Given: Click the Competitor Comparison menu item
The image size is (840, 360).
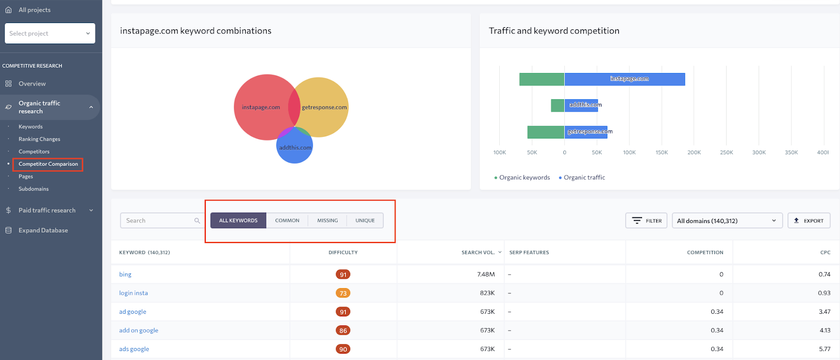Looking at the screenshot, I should click(x=48, y=164).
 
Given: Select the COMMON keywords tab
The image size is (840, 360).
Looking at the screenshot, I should click(x=287, y=220).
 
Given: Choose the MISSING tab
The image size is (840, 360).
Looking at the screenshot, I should click(x=327, y=220).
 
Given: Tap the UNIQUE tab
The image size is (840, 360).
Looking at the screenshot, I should click(x=365, y=220).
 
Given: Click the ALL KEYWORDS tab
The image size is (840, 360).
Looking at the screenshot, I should click(x=238, y=220).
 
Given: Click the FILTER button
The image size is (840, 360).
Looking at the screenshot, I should click(x=646, y=220).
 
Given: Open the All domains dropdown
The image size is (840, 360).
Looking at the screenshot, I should click(x=727, y=220).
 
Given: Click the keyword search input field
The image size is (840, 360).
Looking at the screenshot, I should click(x=157, y=220).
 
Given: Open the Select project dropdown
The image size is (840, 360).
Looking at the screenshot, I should click(x=50, y=33).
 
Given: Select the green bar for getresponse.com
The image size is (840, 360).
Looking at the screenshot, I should click(x=545, y=132).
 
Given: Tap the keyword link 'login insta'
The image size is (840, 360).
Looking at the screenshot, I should click(x=133, y=293).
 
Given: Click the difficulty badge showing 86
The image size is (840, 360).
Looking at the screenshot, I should click(x=343, y=331).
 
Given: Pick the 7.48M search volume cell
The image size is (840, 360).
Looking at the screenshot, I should click(x=486, y=274).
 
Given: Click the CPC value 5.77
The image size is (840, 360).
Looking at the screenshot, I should click(x=824, y=349).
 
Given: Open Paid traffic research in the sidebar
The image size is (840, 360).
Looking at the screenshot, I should click(x=47, y=210).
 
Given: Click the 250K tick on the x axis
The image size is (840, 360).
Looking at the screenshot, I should click(x=727, y=153).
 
